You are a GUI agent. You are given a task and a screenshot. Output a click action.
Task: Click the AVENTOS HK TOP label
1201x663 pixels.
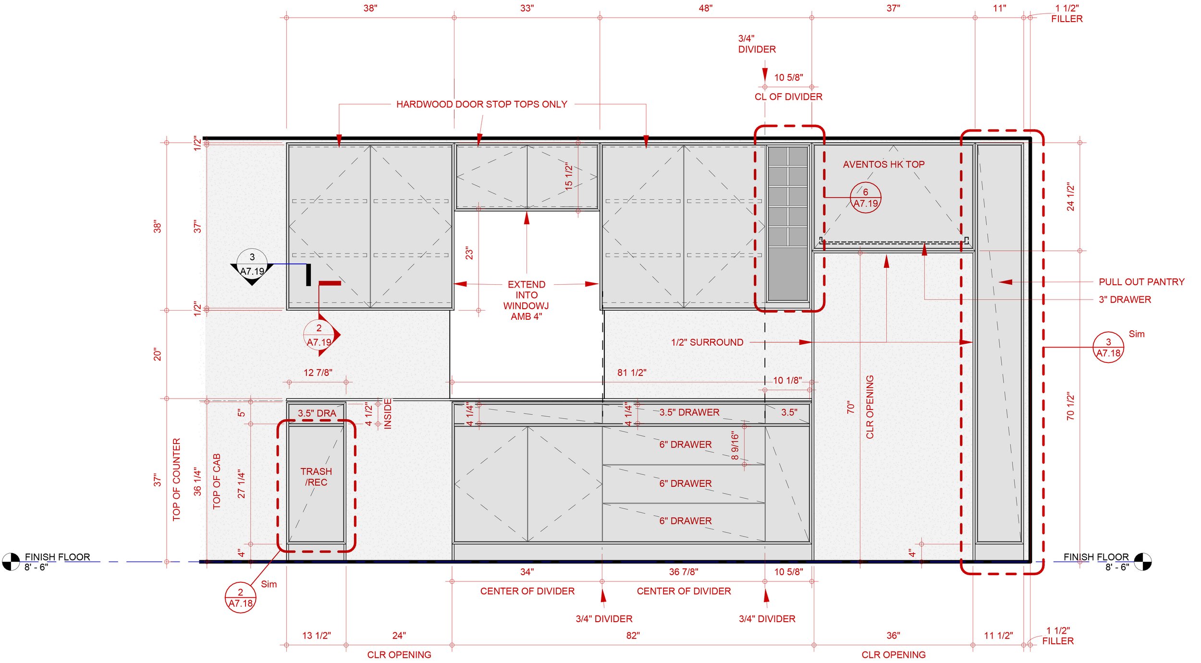point(883,164)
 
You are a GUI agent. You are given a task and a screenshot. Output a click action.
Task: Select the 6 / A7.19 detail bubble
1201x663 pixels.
point(865,198)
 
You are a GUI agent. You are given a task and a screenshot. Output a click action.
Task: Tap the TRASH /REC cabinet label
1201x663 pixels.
point(316,477)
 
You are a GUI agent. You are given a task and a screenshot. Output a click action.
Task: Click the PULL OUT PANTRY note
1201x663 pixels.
point(1141,282)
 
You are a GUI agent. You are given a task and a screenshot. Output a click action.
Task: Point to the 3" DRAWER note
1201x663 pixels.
point(1125,300)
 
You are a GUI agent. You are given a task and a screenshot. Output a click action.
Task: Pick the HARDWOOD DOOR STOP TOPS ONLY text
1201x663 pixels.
point(481,104)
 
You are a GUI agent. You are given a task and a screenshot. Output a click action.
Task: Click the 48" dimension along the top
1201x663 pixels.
point(705,8)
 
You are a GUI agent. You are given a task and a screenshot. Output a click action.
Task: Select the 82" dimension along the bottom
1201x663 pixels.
point(633,636)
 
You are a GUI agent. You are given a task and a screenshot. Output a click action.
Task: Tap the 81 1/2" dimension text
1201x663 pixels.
point(632,373)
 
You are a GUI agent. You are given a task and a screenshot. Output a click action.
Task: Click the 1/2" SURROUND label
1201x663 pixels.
point(707,342)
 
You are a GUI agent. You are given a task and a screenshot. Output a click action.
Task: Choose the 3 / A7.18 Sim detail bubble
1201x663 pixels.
point(1108,348)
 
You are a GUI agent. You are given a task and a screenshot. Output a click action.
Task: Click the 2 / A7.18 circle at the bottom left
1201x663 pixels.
point(240,598)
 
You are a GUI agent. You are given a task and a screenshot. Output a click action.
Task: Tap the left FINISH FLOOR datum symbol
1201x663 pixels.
point(11,561)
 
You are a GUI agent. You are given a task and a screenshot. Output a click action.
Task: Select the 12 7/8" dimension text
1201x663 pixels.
point(318,373)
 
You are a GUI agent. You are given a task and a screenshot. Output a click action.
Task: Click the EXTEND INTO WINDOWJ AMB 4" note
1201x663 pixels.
point(526,300)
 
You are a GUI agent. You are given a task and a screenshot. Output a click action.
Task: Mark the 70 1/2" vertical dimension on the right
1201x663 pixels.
point(1070,406)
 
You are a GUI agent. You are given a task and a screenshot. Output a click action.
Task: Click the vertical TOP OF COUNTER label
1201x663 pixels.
point(176,479)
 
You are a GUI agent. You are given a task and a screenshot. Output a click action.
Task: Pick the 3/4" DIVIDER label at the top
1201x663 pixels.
point(756,44)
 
